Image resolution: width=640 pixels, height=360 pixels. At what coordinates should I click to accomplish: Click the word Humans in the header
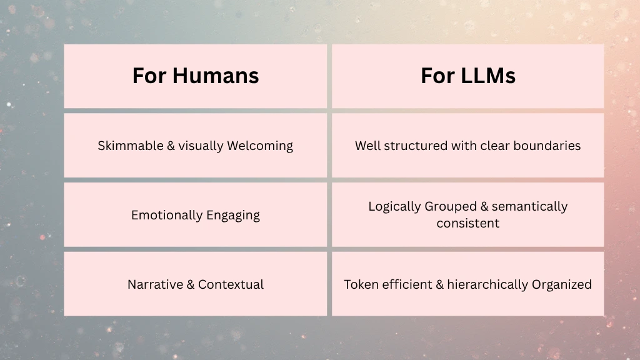(x=216, y=76)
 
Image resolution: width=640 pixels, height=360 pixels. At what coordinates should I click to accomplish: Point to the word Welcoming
(x=260, y=146)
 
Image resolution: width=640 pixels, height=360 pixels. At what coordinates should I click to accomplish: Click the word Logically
(x=394, y=206)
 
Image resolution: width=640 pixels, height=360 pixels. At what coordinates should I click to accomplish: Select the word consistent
(x=468, y=223)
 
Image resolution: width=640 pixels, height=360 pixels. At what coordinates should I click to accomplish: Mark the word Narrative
(x=155, y=284)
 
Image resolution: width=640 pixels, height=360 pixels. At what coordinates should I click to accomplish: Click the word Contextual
(x=231, y=284)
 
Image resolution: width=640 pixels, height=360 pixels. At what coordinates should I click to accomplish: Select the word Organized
(x=562, y=284)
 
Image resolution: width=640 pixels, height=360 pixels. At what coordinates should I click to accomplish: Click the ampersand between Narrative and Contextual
(x=190, y=284)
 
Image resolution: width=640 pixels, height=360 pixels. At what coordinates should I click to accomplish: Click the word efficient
(x=407, y=284)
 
